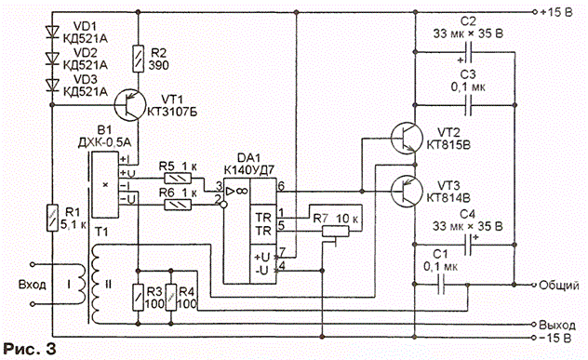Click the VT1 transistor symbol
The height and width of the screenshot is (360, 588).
coord(129,105)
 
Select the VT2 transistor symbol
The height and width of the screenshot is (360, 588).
coord(407,139)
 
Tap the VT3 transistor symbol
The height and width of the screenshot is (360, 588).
coord(407,192)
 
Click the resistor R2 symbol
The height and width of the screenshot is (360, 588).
coord(139,59)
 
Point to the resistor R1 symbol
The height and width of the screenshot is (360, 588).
coord(52,218)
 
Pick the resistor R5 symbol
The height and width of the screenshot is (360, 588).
coord(178,178)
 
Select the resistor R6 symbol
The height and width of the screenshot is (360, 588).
coord(178,205)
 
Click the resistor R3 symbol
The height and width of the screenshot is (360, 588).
coord(139,297)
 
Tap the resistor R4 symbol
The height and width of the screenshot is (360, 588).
coord(171,297)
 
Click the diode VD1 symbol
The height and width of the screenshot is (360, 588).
coord(52,32)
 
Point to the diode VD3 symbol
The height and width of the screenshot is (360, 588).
coord(52,85)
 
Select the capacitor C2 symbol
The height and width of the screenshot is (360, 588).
coord(468,52)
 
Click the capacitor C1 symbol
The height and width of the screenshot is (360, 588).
coord(441,285)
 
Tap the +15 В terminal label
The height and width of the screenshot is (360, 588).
coord(556,12)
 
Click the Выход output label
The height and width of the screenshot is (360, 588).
coord(557,325)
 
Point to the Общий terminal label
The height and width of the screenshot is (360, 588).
coord(559,286)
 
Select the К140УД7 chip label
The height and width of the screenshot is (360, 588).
coord(249,170)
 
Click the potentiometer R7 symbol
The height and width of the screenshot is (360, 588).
coord(336,232)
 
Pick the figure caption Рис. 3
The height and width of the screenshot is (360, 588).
coord(30,349)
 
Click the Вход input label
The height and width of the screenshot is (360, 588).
coord(33,285)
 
